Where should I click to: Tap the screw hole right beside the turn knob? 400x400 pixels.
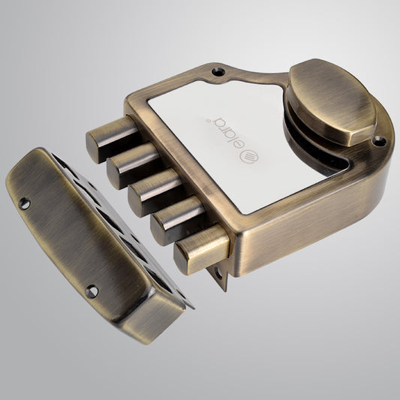point(379,140)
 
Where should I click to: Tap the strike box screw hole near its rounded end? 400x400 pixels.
point(24,203)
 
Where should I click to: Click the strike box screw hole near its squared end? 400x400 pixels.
point(92,291)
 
